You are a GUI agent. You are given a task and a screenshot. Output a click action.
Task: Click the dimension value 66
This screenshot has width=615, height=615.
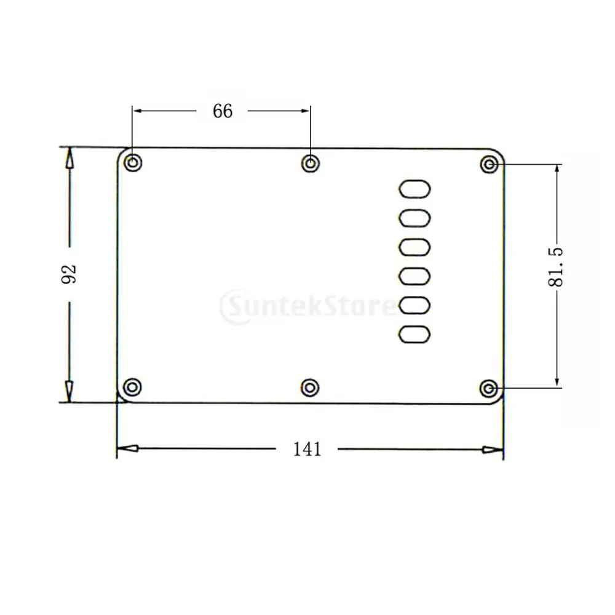(x=223, y=111)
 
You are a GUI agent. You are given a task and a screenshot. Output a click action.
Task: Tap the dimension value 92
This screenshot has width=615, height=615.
(x=69, y=274)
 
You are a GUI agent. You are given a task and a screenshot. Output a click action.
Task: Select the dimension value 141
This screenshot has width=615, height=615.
(x=307, y=450)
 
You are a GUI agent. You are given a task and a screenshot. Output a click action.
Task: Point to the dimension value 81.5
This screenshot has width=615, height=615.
(x=557, y=268)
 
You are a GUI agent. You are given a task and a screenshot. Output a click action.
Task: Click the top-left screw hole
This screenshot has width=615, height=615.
(x=132, y=164)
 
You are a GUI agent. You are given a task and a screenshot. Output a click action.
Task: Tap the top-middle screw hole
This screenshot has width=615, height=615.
(x=311, y=164)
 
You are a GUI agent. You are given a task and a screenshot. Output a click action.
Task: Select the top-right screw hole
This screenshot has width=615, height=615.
(x=489, y=165)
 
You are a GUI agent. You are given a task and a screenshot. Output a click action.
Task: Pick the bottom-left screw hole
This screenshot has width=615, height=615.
(x=132, y=387)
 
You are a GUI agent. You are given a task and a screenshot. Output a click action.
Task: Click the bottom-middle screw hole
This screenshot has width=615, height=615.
(x=311, y=387)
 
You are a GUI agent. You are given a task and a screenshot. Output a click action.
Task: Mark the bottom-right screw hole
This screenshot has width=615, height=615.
(x=489, y=388)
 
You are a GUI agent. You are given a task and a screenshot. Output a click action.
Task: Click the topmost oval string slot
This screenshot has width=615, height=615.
(x=415, y=188)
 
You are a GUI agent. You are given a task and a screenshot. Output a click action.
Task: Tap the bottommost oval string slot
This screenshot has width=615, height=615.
(x=415, y=334)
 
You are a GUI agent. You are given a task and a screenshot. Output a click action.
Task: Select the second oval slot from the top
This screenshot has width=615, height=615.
(x=415, y=217)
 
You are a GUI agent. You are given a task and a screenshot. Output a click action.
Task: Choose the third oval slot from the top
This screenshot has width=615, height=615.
(x=415, y=247)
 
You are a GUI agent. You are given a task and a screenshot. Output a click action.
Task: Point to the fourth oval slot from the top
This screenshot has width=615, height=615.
(x=415, y=276)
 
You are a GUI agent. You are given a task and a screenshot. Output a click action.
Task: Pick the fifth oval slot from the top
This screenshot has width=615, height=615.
(x=415, y=305)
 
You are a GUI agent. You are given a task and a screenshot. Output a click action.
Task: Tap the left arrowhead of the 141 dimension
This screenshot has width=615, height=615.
(x=127, y=450)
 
